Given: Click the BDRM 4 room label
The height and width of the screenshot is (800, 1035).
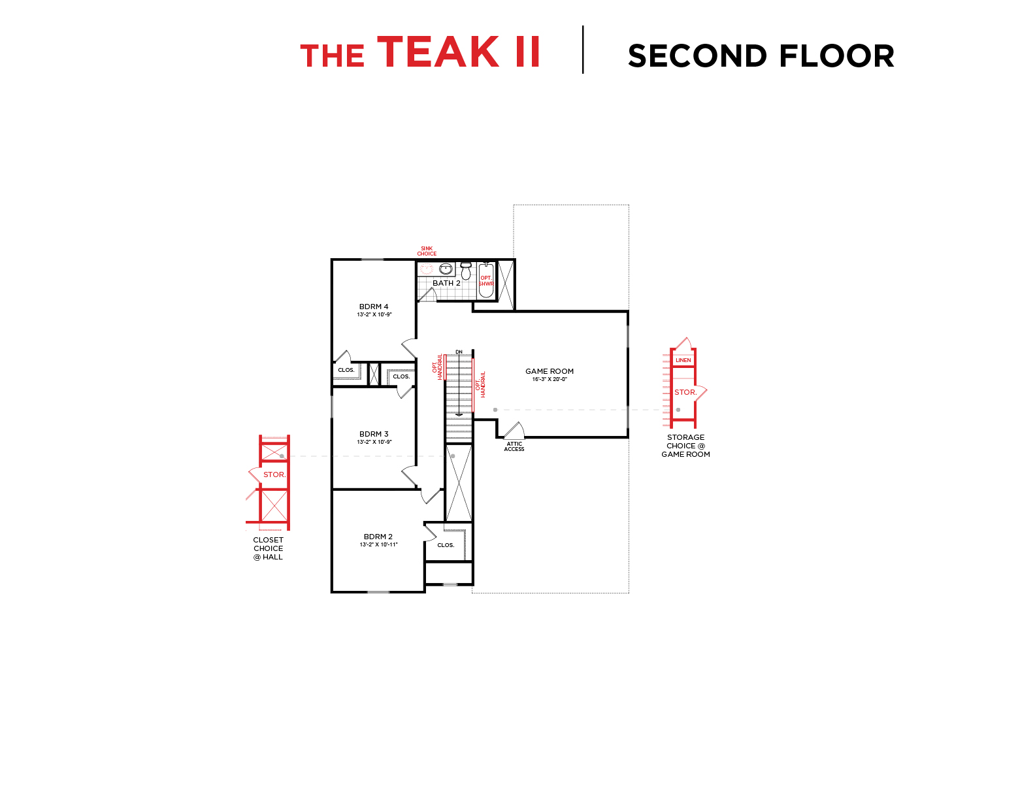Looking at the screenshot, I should click(374, 307).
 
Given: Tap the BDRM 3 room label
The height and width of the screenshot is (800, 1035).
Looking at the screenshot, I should click(374, 434).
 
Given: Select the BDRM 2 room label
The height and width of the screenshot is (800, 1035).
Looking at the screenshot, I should click(378, 537).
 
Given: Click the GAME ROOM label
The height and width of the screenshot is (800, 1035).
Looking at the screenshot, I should click(550, 371).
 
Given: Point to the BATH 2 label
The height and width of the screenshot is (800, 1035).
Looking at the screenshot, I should click(446, 283).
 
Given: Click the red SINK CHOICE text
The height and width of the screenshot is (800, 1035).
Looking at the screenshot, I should click(427, 251).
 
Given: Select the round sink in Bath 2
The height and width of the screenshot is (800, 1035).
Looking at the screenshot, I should click(446, 269).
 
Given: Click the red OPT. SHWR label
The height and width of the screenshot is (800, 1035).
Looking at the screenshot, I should click(486, 281).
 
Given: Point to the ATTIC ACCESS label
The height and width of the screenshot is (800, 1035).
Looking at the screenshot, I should click(514, 446).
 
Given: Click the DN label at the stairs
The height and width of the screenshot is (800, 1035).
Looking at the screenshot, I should click(459, 352).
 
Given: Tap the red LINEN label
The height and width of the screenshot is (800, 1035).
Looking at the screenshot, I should click(683, 360).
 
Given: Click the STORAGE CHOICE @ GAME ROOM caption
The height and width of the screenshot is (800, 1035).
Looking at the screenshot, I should click(685, 446).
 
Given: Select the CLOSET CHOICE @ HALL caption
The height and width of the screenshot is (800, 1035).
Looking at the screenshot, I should click(269, 548).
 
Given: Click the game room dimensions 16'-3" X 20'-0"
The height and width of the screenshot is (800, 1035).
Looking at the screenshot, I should click(550, 379).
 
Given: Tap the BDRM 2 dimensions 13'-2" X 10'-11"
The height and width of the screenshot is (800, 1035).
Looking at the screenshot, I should click(378, 544).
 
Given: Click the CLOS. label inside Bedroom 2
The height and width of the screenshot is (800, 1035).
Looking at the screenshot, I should click(446, 545).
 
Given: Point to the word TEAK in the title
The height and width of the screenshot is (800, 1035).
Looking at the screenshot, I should click(438, 52).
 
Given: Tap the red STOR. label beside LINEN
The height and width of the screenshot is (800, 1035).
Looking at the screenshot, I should click(685, 392).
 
